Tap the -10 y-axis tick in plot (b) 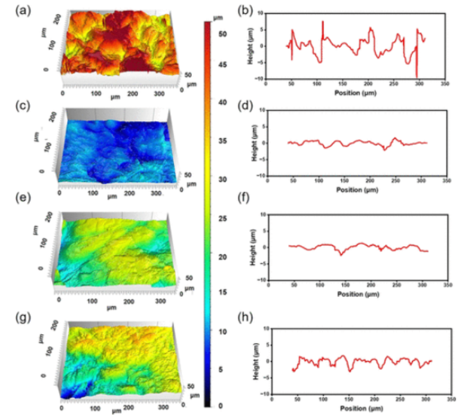tap(258, 79)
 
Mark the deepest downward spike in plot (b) tap(416, 75)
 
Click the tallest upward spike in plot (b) tap(322, 22)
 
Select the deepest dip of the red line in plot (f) tap(341, 254)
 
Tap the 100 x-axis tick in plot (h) tap(323, 399)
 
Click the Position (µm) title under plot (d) tap(355, 189)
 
